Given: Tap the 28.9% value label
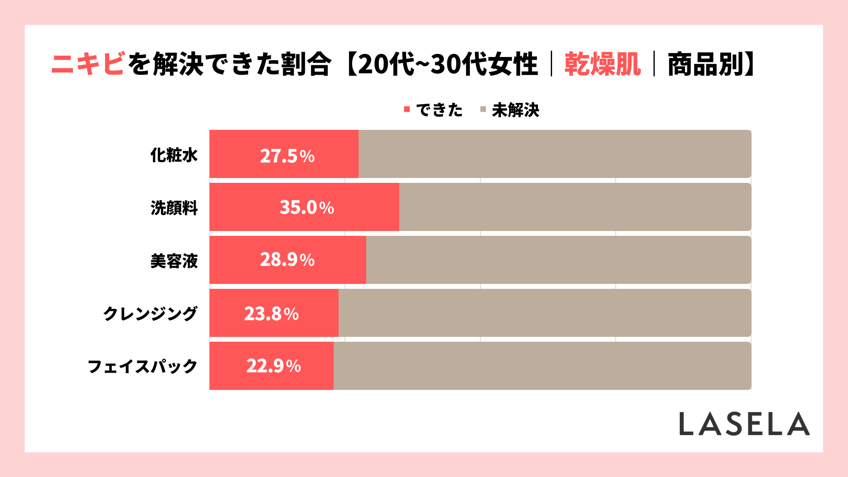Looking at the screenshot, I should click(287, 260).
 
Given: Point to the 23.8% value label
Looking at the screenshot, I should click(271, 314).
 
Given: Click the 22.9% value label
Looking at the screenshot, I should click(273, 366).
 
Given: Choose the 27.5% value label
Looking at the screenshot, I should click(287, 156).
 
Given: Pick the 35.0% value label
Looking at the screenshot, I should click(307, 207).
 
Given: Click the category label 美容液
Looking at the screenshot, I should click(174, 261).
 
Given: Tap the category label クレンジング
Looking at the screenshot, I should click(150, 314).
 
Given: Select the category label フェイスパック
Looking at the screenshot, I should click(142, 366).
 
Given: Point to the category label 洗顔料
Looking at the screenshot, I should click(174, 208).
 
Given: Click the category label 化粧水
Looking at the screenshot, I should click(174, 155).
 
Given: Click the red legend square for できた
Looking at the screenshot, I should click(407, 109).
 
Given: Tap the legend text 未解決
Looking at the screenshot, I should click(515, 110).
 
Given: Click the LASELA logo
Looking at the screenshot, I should click(744, 424).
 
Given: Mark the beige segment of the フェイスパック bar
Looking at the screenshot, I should click(542, 366).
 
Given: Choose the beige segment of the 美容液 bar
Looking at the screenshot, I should click(558, 260).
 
